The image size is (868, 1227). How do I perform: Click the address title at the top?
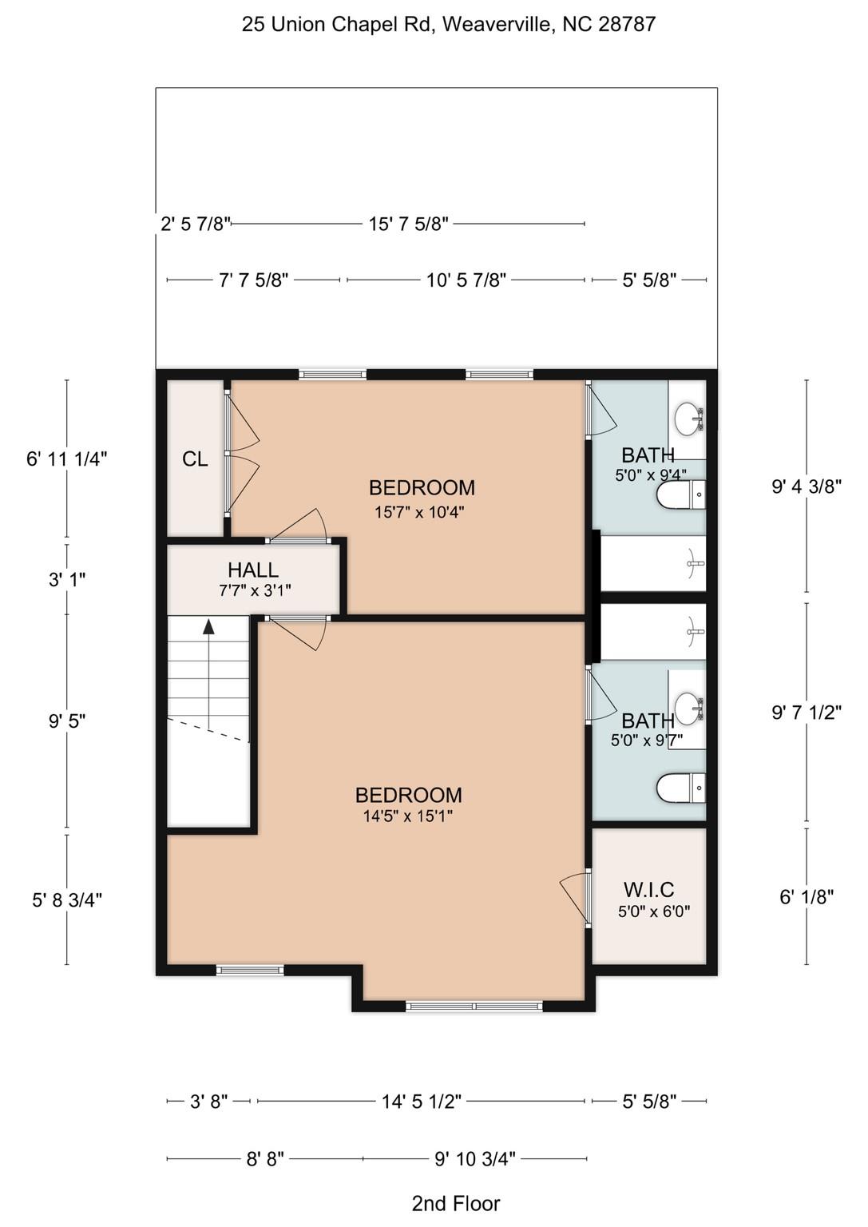click(449, 25)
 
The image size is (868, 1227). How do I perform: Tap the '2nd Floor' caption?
click(456, 1203)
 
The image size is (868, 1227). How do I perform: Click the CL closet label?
click(195, 459)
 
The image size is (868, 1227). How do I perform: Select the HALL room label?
click(253, 570)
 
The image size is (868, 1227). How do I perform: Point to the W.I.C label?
click(648, 890)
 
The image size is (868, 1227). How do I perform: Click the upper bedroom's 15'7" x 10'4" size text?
click(419, 512)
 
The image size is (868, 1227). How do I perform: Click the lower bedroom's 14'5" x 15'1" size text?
click(408, 816)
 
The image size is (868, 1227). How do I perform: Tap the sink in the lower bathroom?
click(688, 707)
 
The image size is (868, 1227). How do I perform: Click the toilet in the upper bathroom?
click(681, 495)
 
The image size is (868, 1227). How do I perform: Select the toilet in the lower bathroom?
click(681, 788)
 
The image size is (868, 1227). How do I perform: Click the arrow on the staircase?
click(209, 628)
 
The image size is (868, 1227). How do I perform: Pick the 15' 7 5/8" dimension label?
click(408, 224)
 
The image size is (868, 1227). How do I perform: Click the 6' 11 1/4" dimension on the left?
click(66, 459)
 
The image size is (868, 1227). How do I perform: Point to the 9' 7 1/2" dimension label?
click(807, 713)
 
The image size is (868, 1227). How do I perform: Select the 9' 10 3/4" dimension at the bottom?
click(475, 1158)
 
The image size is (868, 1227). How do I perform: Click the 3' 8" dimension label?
click(209, 1102)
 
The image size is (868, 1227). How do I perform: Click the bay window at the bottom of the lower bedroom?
click(474, 1007)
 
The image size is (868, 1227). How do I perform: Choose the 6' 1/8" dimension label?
click(807, 897)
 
